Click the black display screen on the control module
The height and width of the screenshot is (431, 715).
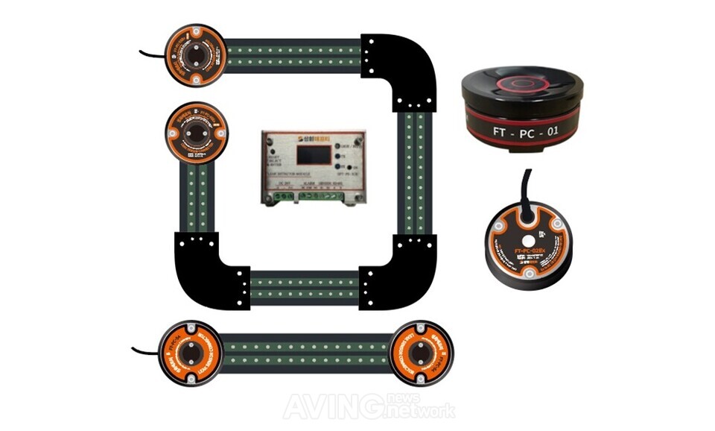coord(311,154)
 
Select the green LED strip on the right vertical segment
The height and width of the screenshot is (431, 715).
coord(413,171)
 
